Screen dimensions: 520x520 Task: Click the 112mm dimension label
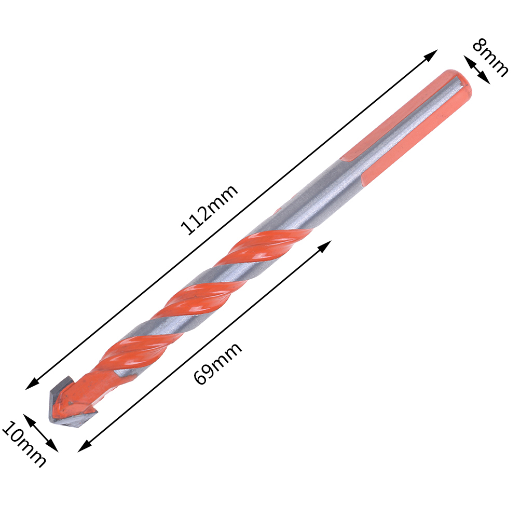pos(209,210)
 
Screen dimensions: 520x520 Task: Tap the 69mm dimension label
pos(217,363)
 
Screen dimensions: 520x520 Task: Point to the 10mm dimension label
pos(24,444)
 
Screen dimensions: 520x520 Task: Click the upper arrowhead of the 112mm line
pos(431,55)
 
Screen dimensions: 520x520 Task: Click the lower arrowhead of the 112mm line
pos(32,384)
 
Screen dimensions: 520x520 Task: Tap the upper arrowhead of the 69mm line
pos(325,247)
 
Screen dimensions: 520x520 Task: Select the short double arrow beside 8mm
pos(476,70)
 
